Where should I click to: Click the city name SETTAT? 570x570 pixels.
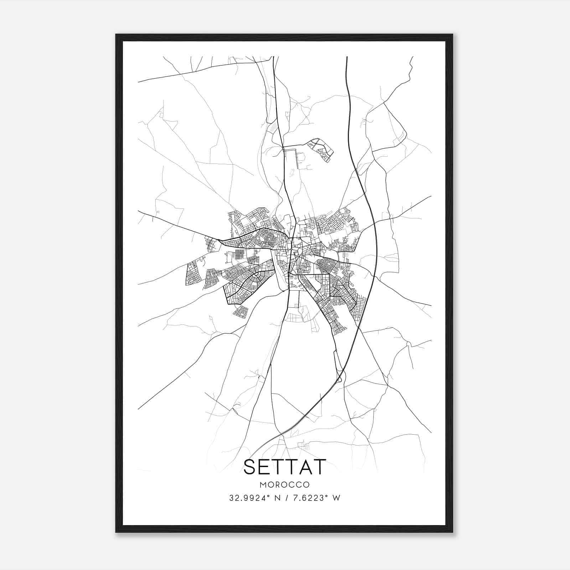[285, 467]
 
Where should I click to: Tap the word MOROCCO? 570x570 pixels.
[285, 485]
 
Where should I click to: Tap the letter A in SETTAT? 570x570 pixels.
[304, 467]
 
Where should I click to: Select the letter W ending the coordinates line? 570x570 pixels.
[336, 498]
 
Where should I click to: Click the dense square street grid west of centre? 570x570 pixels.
[240, 254]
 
